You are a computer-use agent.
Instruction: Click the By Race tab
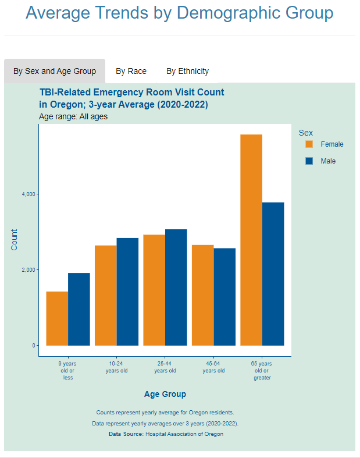click(x=131, y=71)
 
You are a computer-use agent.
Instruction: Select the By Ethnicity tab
click(x=187, y=71)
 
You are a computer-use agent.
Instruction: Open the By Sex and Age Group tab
click(x=55, y=71)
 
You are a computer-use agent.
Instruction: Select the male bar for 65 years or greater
click(x=273, y=274)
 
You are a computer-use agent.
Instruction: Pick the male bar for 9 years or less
click(x=79, y=309)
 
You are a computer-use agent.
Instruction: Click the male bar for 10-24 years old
click(x=127, y=292)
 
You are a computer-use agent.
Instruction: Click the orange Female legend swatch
click(x=309, y=144)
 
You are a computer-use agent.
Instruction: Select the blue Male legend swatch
click(x=309, y=161)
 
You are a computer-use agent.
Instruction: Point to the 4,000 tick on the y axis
click(x=27, y=194)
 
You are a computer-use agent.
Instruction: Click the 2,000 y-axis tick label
click(x=27, y=270)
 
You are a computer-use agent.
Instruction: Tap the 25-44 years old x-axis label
click(x=165, y=367)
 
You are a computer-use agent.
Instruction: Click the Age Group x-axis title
click(x=165, y=394)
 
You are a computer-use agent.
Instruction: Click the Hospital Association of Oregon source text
click(x=184, y=434)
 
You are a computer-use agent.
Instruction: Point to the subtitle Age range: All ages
click(x=73, y=116)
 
